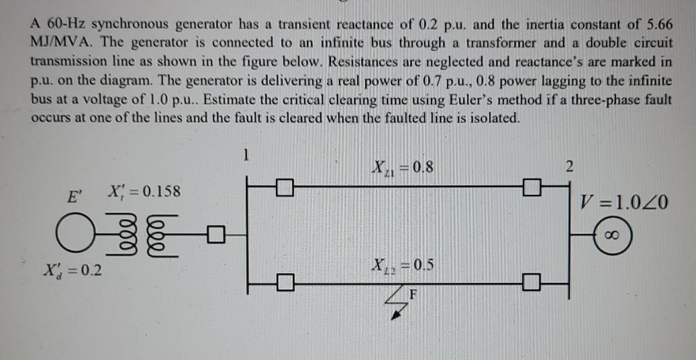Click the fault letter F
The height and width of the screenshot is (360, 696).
point(413,293)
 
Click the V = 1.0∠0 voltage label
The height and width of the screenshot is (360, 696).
point(626,201)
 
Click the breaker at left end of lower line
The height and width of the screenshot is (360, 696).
point(285,282)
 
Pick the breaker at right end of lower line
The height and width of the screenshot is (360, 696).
point(532,282)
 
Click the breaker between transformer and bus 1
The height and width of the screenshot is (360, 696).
point(215,235)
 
